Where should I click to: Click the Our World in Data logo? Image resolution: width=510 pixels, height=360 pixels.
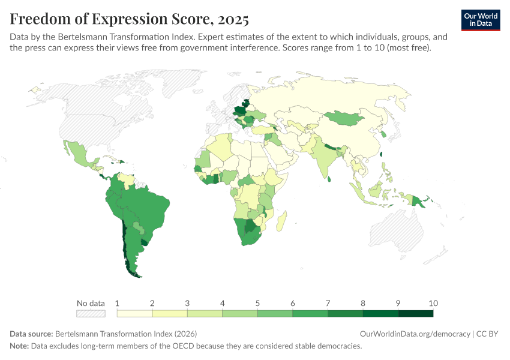pos(481,20)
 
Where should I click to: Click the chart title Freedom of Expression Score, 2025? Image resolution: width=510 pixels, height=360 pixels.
pos(129,19)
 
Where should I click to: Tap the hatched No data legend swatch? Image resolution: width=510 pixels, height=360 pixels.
pos(91,313)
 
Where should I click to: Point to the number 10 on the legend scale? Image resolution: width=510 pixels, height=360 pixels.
pos(433,302)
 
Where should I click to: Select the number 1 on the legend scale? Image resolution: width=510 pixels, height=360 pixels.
pos(117,302)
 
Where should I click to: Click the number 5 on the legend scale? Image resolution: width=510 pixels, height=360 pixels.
pos(257,302)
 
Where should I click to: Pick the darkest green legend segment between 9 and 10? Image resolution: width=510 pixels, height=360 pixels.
pos(415,313)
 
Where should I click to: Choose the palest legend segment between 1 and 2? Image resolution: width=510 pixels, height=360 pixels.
pos(134,313)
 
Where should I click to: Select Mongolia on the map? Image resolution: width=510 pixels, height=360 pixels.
pos(345,119)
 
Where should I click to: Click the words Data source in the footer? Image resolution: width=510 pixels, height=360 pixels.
pos(31,334)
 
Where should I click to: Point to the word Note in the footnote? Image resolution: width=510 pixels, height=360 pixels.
pos(20,346)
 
